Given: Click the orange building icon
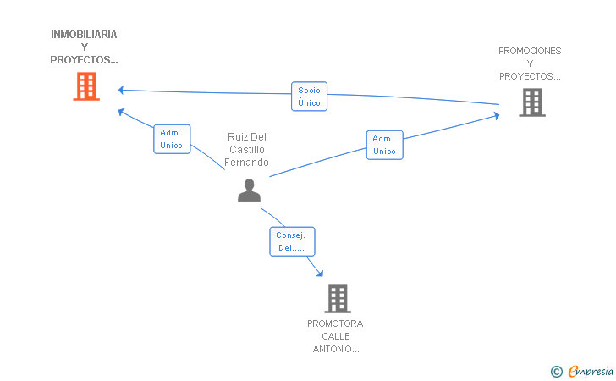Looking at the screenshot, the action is point(86,86).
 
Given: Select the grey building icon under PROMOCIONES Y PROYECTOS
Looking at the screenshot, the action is point(532,102).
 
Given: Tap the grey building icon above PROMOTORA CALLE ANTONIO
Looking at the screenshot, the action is point(338,299).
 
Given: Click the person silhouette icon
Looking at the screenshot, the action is point(249,190).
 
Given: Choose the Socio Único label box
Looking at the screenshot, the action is point(309,97).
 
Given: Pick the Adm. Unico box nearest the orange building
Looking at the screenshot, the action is point(172,139).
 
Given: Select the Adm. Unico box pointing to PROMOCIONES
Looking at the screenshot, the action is point(385,145).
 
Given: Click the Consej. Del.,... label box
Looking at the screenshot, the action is point(292,241).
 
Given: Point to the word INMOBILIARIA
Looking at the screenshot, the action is point(84,35).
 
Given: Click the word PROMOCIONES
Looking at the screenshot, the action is point(530,51).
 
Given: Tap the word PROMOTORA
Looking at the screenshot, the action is point(335,323).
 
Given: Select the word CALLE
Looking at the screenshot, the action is point(335,336).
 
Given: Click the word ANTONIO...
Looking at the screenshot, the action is point(335,349).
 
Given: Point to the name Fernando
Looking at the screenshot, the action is point(246,163).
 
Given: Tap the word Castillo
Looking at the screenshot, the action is point(247,150).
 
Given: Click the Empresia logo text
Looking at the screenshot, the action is point(591,371).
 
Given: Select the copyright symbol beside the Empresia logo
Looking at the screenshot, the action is point(557,372).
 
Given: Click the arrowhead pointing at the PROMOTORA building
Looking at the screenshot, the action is point(320,273).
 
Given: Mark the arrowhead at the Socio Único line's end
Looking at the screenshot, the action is point(121,90).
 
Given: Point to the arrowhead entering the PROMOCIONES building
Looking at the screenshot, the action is point(497,116).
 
